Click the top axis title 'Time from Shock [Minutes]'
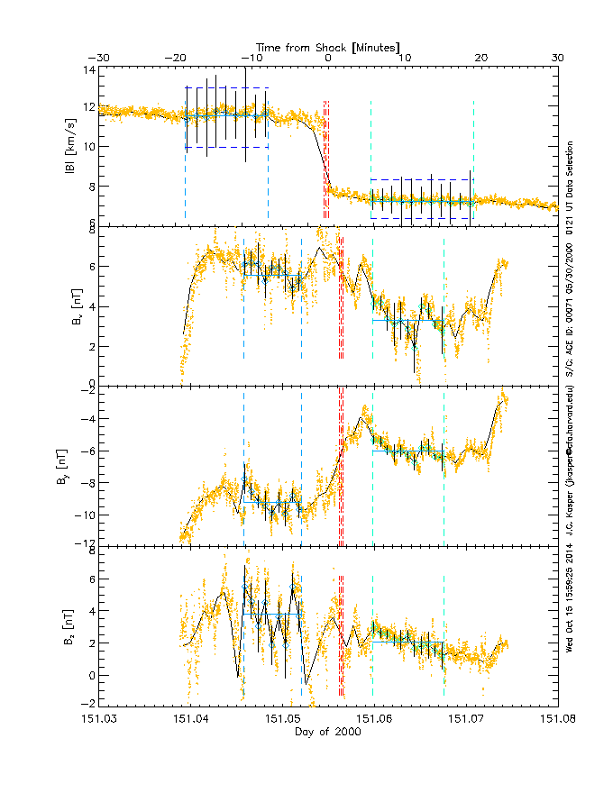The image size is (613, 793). pos(328,46)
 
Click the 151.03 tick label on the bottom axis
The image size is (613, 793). pos(98,719)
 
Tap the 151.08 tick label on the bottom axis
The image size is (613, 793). pos(557,719)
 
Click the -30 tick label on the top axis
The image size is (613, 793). pos(98,58)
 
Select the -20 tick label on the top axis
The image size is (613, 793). pos(175,58)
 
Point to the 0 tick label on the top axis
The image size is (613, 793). pos(328,58)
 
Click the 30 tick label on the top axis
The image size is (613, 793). pos(557,58)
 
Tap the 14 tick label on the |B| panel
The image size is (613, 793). pos(87,69)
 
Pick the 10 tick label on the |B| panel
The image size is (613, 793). pos(87,146)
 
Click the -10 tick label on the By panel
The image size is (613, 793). pos(84,515)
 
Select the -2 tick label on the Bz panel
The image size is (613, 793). pos(87,705)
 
